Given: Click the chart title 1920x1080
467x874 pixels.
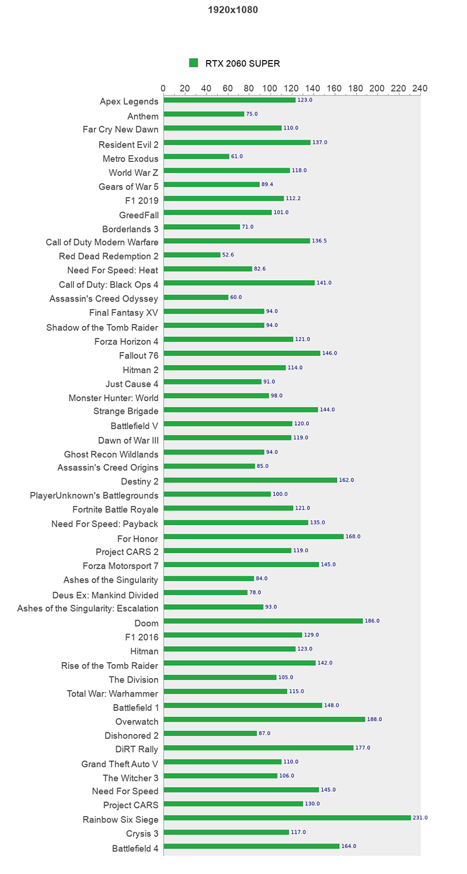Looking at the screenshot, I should [233, 10].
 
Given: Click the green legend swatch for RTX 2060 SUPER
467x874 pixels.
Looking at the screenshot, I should [194, 63].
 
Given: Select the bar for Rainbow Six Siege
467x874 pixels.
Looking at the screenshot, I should [287, 818].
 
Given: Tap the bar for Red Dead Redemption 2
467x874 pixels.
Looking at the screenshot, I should [192, 255].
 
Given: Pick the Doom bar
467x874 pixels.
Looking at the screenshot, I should [263, 621].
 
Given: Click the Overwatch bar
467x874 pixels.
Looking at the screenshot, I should [264, 719].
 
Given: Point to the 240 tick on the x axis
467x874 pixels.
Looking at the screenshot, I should [420, 89].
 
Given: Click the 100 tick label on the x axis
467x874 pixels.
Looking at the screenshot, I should [270, 89].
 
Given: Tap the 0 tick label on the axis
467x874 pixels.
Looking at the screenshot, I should [163, 89].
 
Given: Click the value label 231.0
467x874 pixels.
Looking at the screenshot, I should [420, 818].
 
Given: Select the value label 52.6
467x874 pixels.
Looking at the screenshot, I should [228, 255].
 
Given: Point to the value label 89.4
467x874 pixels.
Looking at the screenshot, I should [267, 184].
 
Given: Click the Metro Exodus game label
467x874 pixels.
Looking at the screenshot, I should [130, 157].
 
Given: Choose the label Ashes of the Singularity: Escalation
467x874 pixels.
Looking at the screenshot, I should [88, 608].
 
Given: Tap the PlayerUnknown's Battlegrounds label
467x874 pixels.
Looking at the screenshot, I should [94, 496].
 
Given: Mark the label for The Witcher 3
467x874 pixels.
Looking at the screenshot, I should [130, 777].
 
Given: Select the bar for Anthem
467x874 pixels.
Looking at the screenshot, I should [204, 114].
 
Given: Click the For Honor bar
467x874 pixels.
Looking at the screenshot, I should [253, 536].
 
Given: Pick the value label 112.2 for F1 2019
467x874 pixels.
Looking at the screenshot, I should [293, 198].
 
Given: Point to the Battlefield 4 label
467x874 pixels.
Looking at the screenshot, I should [135, 848].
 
